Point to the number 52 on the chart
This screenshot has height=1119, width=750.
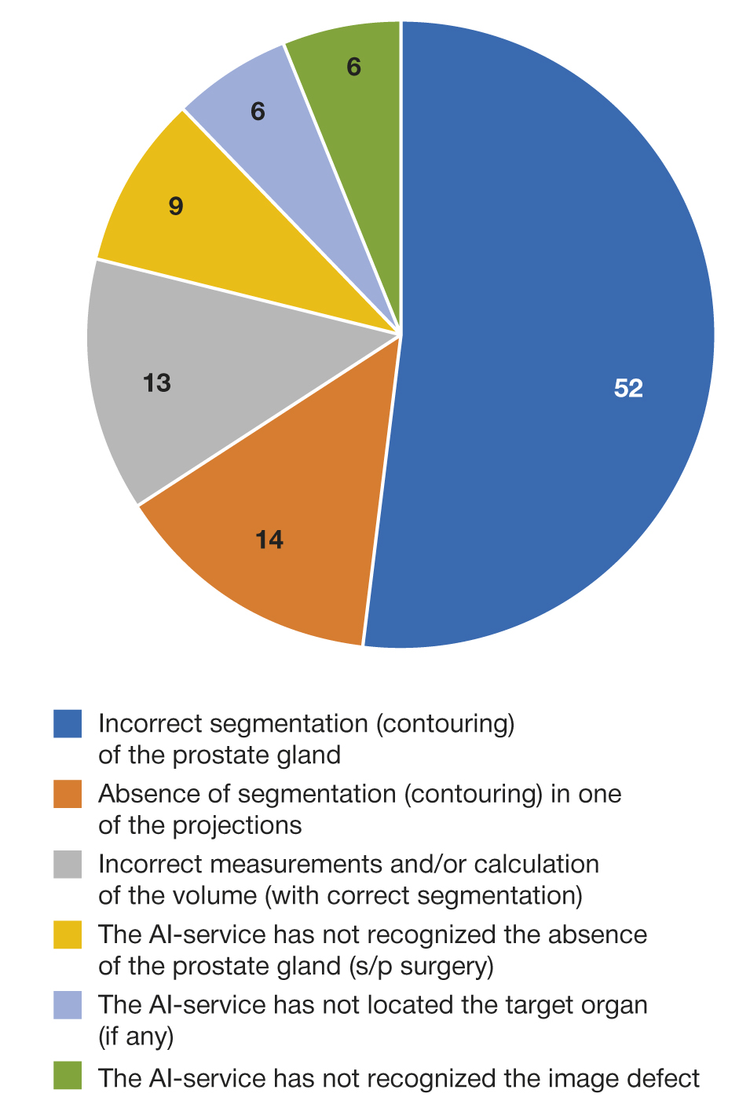pyautogui.click(x=628, y=388)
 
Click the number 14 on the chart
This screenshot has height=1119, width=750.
pyautogui.click(x=269, y=539)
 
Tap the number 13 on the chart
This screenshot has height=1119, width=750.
pyautogui.click(x=157, y=382)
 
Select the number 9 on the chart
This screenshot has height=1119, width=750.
pyautogui.click(x=176, y=206)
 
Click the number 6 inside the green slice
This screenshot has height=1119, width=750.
pyautogui.click(x=354, y=67)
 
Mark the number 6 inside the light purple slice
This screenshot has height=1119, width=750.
pyautogui.click(x=258, y=112)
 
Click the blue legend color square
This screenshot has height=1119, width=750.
pyautogui.click(x=68, y=723)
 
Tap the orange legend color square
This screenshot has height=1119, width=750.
pyautogui.click(x=68, y=794)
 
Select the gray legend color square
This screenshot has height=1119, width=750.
pyautogui.click(x=68, y=865)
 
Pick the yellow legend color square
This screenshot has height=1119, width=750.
pyautogui.click(x=68, y=934)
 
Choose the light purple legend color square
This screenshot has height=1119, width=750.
pyautogui.click(x=68, y=1005)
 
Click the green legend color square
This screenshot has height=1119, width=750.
pyautogui.click(x=68, y=1076)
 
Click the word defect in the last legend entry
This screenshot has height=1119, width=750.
pyautogui.click(x=663, y=1078)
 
